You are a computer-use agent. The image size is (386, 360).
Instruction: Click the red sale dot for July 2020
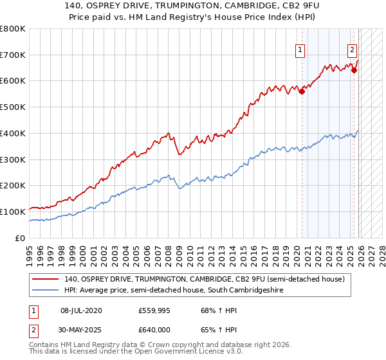pyautogui.click(x=302, y=92)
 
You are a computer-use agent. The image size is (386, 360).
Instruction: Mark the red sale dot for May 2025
pyautogui.click(x=354, y=71)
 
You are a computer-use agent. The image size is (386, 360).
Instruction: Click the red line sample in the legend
pyautogui.click(x=46, y=280)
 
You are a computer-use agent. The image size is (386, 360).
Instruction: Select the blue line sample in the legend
pyautogui.click(x=46, y=291)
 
